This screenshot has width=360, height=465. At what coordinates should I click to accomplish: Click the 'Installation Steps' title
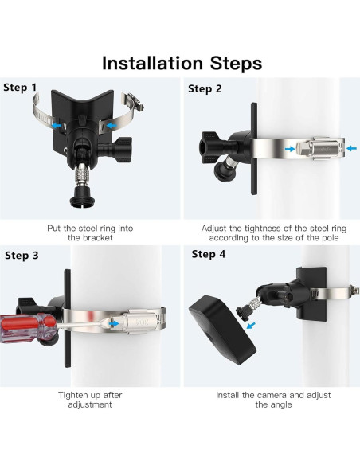(182, 63)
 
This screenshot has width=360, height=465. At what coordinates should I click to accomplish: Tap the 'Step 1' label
(20, 88)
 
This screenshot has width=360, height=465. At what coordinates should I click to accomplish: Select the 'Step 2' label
(205, 88)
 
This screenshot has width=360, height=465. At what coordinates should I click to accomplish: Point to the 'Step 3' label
(22, 256)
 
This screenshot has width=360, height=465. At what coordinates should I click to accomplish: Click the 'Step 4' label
(209, 254)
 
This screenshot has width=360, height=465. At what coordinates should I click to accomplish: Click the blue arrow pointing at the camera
(251, 326)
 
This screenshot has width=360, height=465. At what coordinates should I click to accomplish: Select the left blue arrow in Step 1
(57, 126)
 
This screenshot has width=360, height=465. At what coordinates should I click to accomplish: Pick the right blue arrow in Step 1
(112, 126)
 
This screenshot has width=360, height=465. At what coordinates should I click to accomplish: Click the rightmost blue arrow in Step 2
(352, 148)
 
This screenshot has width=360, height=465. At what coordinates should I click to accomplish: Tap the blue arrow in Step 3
(114, 323)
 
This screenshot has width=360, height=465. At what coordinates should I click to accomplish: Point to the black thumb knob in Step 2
(210, 147)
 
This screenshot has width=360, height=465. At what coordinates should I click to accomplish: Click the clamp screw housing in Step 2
(317, 149)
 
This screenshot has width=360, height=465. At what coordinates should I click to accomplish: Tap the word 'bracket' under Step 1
(97, 238)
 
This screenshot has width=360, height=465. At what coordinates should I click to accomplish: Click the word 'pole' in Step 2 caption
(330, 238)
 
